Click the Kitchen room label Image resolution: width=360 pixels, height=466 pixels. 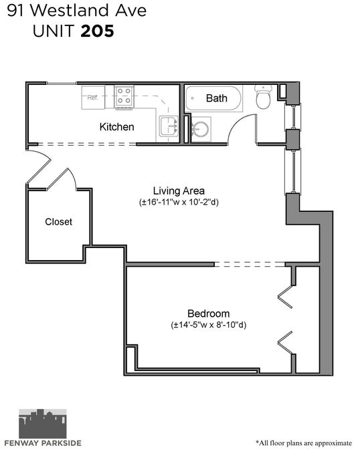click(116, 127)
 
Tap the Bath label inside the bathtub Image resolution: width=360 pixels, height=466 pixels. click(217, 98)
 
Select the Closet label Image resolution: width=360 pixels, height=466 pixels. click(58, 222)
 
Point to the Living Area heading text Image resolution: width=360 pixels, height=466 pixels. click(179, 191)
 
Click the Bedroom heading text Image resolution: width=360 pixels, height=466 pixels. click(208, 314)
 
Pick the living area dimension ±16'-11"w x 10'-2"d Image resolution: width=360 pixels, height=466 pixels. click(179, 203)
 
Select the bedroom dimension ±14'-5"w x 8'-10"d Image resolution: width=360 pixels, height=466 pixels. click(209, 325)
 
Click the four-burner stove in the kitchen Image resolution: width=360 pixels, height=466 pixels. click(124, 96)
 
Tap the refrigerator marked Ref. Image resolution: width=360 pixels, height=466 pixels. click(93, 98)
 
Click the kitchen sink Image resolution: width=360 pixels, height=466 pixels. click(169, 126)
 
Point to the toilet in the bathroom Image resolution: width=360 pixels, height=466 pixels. click(263, 96)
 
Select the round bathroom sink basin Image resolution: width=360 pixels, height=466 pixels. click(200, 129)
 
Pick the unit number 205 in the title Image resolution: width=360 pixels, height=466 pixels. click(97, 31)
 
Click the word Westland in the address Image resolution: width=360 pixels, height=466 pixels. click(70, 11)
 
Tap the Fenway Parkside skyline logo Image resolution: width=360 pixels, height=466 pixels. click(43, 424)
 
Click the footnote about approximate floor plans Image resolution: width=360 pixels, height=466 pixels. click(304, 443)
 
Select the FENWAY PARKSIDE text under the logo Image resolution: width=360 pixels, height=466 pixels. click(43, 443)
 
